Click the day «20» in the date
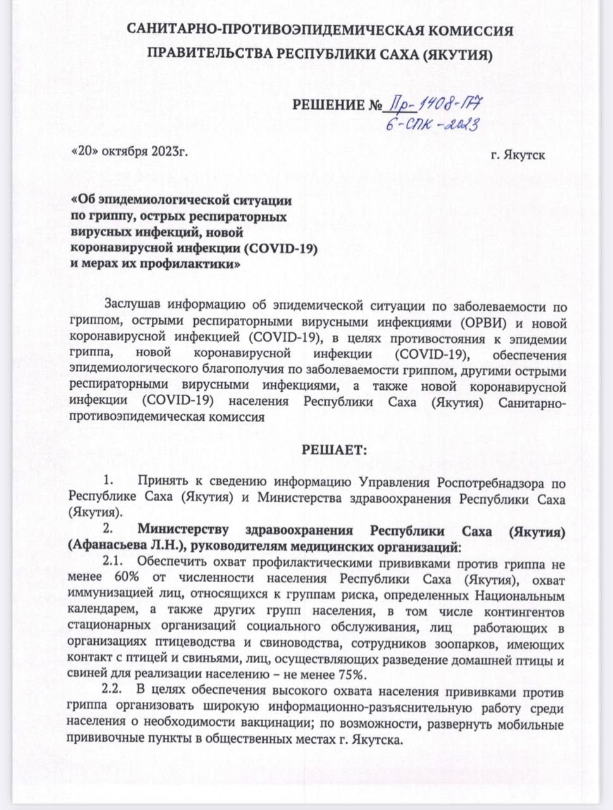[85, 153]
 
